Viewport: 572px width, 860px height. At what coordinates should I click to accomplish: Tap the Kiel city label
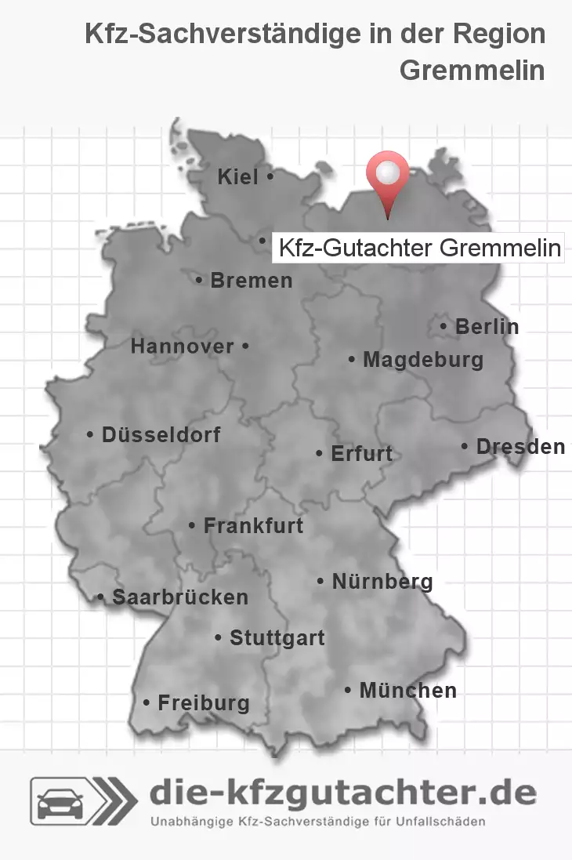[x=238, y=178]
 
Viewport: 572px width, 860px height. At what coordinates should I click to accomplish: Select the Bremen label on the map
[x=251, y=280]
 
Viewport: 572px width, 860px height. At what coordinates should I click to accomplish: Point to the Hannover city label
[x=182, y=347]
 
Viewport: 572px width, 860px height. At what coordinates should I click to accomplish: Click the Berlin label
[x=487, y=326]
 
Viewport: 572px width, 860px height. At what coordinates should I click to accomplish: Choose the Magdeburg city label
[x=422, y=361]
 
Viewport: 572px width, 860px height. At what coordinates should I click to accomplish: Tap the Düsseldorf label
[x=161, y=434]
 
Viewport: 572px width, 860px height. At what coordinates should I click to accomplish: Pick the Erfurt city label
[x=361, y=454]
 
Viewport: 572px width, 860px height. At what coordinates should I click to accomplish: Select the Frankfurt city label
[x=252, y=525]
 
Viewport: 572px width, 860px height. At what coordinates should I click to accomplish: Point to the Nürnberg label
[x=382, y=582]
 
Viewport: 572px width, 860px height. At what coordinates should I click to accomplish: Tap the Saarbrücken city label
[x=179, y=597]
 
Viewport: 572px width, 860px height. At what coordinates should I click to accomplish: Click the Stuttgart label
[x=277, y=638]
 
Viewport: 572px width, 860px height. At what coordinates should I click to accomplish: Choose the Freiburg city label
[x=203, y=703]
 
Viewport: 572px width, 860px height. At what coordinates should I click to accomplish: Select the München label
[x=407, y=691]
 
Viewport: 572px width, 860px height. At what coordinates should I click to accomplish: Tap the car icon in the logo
[x=60, y=800]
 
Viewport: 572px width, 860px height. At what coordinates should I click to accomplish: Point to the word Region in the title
[x=502, y=34]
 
